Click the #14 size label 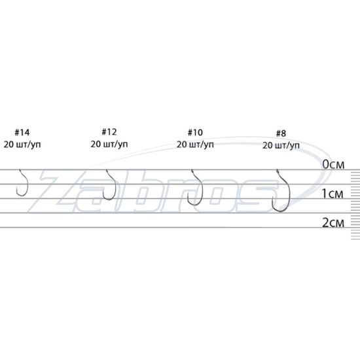tap(22, 132)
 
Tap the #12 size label tap(109, 132)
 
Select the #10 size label tap(195, 132)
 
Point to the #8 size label tap(281, 134)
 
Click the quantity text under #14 tap(22, 145)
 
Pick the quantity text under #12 tap(109, 144)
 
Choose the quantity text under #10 tap(195, 145)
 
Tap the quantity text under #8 tap(281, 145)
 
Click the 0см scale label tap(333, 164)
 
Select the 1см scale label tap(333, 194)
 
